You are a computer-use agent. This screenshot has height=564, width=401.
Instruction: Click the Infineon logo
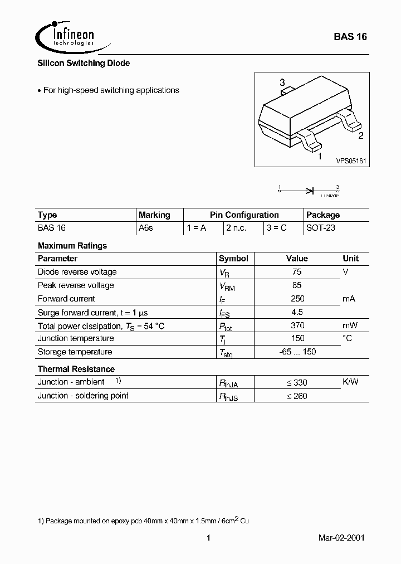(x=66, y=35)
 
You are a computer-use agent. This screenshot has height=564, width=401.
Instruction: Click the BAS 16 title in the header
(x=350, y=37)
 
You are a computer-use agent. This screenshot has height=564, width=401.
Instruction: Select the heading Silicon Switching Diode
(x=84, y=64)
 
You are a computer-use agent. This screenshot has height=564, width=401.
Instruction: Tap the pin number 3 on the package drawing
(x=282, y=82)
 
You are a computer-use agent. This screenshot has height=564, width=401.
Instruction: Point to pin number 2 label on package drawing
(x=360, y=135)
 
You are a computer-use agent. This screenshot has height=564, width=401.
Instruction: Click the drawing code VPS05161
(x=350, y=161)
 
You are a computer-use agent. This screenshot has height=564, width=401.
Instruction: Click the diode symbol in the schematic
(x=309, y=191)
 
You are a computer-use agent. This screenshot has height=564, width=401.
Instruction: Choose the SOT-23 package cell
(x=321, y=228)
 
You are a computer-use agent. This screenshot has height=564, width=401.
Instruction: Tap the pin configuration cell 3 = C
(x=276, y=228)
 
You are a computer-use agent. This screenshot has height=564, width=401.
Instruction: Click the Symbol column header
(x=233, y=259)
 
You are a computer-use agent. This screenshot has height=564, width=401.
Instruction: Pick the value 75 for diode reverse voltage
(x=297, y=272)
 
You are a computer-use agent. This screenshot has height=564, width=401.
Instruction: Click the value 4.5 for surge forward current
(x=297, y=312)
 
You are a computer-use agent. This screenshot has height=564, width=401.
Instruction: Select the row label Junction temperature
(x=76, y=338)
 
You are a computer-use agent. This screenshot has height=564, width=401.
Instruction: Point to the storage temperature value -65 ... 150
(x=297, y=352)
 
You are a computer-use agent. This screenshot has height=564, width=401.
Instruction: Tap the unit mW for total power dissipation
(x=350, y=325)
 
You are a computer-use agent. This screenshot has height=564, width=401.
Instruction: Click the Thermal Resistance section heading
(x=76, y=369)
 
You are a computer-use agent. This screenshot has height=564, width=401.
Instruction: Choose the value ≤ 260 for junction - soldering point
(x=297, y=396)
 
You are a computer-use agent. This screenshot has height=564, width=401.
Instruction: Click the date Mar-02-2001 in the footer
(x=342, y=538)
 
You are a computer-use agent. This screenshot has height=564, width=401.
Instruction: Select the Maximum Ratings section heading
(x=72, y=245)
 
